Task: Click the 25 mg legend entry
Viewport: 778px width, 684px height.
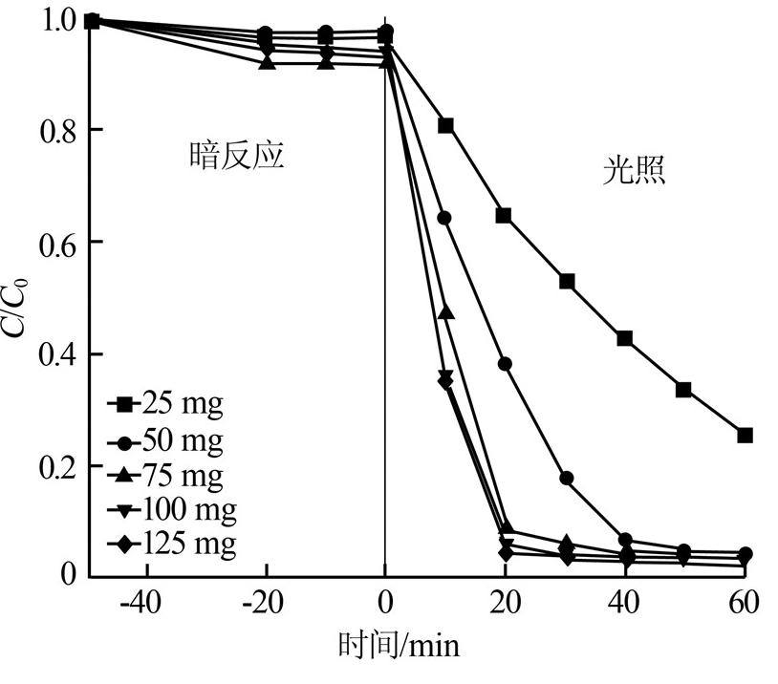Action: click(x=166, y=404)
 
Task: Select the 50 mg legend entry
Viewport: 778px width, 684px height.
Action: click(x=166, y=440)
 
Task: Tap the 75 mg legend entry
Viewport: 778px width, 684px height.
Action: click(x=166, y=475)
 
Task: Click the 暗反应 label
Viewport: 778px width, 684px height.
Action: click(x=235, y=156)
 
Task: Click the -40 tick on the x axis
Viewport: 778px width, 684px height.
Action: click(x=148, y=603)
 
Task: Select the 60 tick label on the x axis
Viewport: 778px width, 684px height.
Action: click(x=744, y=603)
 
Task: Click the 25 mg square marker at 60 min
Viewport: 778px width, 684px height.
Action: click(x=746, y=435)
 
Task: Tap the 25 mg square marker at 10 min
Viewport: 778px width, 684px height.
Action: click(x=445, y=126)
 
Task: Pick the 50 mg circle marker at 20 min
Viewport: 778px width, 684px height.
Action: click(x=506, y=364)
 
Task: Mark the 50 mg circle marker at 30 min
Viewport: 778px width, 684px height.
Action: click(x=566, y=478)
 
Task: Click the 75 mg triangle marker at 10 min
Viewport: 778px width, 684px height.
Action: click(x=445, y=312)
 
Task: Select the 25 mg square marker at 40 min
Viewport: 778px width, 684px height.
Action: click(x=625, y=338)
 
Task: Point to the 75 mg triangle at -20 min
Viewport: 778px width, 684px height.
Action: click(x=268, y=63)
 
